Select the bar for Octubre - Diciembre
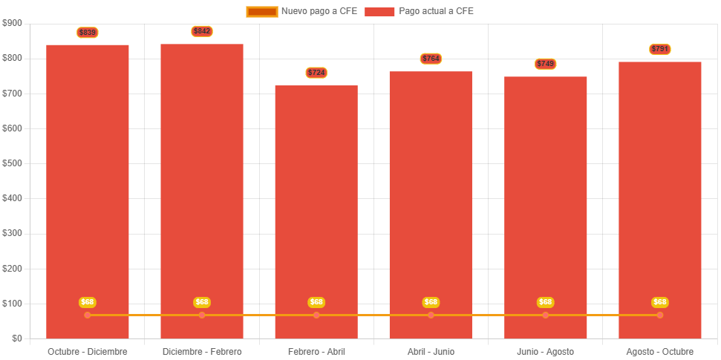coord(88,186)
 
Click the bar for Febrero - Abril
coord(316,208)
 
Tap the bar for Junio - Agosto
coord(546,200)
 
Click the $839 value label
coord(88,33)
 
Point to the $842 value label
coord(202,31)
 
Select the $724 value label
coord(316,73)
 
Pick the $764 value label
coord(431,59)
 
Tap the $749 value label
coord(546,64)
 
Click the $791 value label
coord(660,49)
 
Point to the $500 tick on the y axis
coord(13,163)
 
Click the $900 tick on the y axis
coord(13,23)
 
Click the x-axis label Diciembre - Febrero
coord(202,351)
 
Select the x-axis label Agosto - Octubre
coord(660,351)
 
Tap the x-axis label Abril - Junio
coord(431,351)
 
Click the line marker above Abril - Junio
coord(431,315)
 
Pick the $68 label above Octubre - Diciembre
coord(88,302)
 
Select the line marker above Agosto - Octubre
coord(660,315)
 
